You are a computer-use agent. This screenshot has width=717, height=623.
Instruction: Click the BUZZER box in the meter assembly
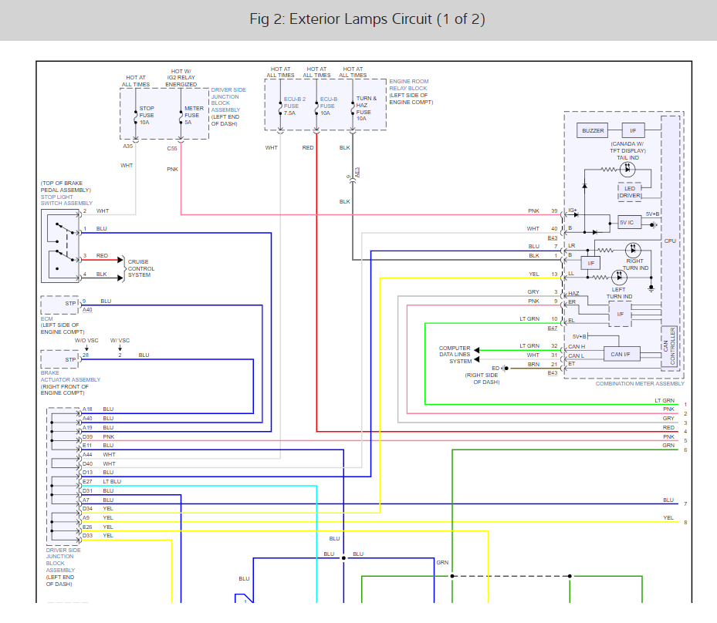593,130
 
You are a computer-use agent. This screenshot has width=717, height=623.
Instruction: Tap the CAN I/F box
621,354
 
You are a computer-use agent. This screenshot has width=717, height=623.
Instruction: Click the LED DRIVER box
630,192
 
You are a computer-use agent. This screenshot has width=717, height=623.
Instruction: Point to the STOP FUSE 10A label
147,115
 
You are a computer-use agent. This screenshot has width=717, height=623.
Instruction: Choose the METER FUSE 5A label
194,115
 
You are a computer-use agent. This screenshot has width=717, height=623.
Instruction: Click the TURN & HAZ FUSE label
367,108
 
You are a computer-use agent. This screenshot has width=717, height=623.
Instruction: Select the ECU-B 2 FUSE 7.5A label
295,106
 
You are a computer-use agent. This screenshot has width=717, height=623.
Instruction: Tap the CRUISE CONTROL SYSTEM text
140,268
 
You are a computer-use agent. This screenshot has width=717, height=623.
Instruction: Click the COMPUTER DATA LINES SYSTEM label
455,355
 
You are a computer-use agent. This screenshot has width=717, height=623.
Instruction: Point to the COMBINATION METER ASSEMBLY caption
640,384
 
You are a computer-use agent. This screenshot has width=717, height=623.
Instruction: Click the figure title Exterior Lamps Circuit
367,19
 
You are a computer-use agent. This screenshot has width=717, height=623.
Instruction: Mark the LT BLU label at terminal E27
112,481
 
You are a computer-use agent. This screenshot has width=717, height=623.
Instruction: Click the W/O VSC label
86,340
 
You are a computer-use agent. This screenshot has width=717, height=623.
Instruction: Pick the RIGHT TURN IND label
635,264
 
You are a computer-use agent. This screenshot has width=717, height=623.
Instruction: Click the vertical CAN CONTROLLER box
669,345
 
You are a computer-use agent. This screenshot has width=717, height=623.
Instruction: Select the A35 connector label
127,146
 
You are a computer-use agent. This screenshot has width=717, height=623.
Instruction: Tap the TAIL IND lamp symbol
627,170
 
